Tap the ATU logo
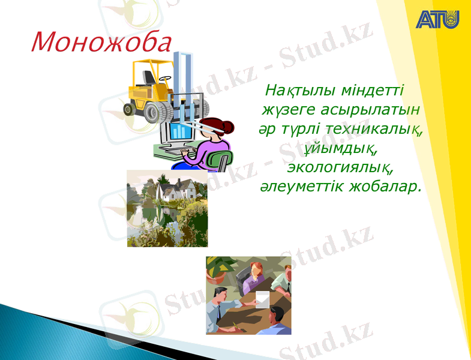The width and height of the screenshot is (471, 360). pos(437,19)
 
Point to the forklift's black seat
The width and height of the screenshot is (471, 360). pos(148,78)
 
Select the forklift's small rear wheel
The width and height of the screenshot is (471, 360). pos(129,109)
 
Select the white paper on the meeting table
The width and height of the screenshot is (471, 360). pos(263,298)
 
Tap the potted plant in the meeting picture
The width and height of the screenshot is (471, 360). pos(217,267)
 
